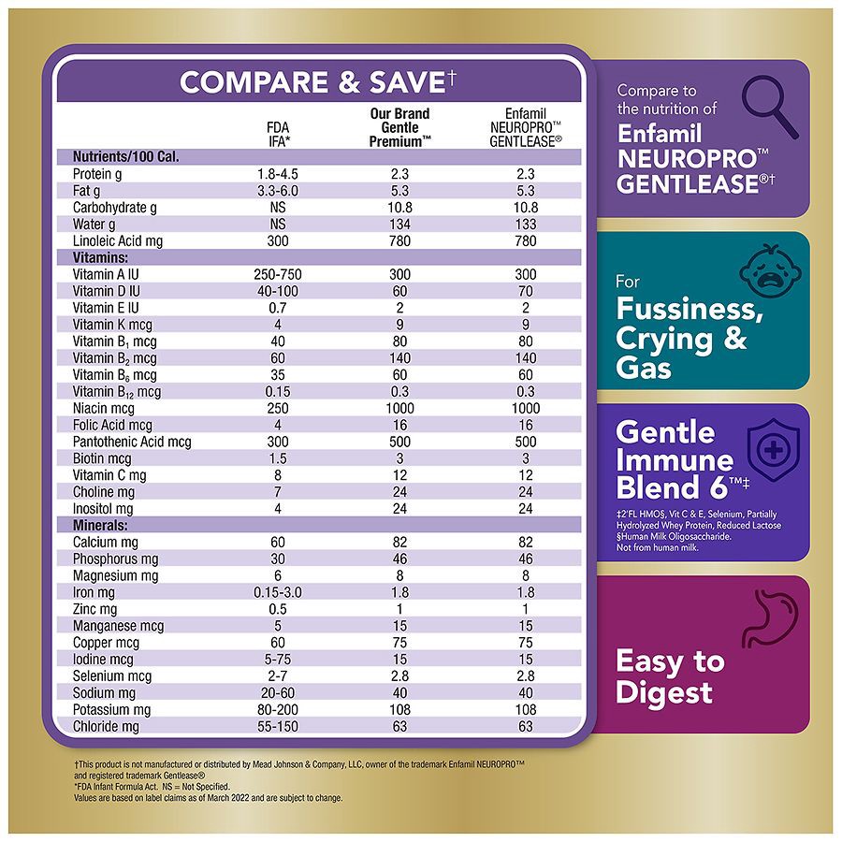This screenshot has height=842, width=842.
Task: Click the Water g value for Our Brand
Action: [x=399, y=225]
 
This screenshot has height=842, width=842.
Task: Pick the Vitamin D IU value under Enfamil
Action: [x=525, y=291]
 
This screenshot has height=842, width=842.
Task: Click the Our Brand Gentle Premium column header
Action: [x=399, y=127]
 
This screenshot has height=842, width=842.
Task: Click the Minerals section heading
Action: [x=101, y=526]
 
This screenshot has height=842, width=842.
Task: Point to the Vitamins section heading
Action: [x=100, y=257]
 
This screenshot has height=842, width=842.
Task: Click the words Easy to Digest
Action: [x=669, y=676]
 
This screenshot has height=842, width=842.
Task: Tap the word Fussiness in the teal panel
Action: [x=698, y=308]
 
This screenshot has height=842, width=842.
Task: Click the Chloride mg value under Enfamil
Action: [x=525, y=727]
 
